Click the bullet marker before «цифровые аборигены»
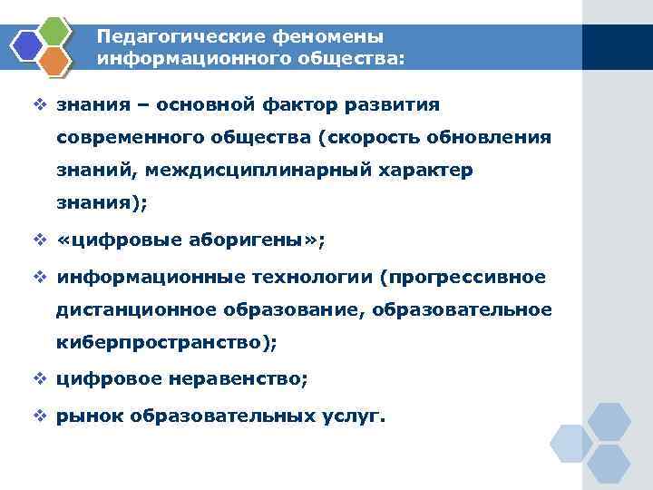click(x=40, y=240)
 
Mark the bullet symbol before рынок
click(x=40, y=416)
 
